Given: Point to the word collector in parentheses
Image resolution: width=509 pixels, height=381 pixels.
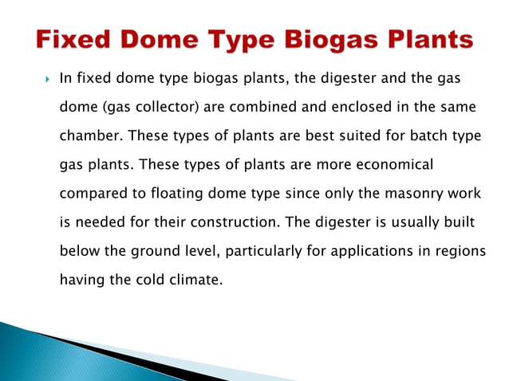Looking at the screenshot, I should coord(171,107).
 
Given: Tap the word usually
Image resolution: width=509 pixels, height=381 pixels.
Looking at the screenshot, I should coord(408,222).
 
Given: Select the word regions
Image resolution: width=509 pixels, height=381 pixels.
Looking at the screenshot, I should coord(459,251).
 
